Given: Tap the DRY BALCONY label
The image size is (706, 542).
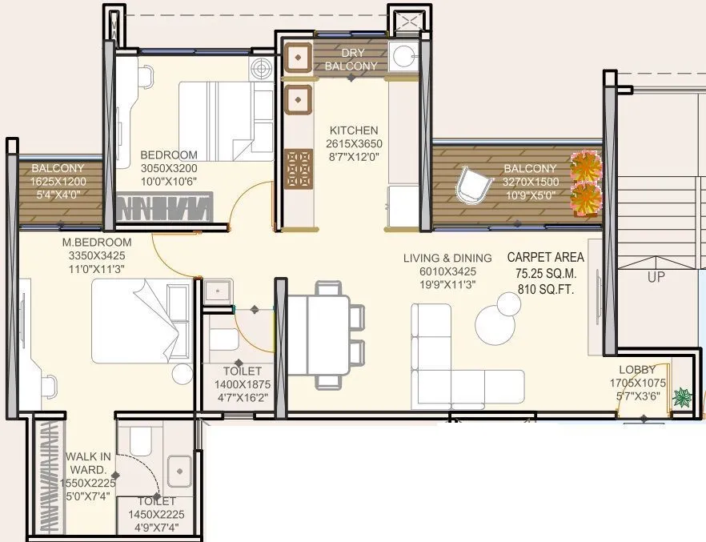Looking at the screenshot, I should tap(351, 60).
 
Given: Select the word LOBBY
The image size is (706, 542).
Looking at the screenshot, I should tap(636, 370).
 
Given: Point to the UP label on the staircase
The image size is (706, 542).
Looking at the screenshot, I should tap(656, 277).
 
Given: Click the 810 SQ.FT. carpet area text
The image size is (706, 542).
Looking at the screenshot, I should tap(545, 287).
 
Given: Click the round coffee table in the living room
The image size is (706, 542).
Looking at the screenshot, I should tap(498, 319).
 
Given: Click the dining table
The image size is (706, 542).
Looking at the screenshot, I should tap(318, 330).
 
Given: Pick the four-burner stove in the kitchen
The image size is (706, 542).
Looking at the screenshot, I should tap(299, 168).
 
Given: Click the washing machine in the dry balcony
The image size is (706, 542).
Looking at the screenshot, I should tap(404, 58).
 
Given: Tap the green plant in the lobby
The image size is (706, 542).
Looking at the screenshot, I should tap(682, 397).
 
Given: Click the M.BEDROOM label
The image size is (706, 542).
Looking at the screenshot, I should tap(97, 243).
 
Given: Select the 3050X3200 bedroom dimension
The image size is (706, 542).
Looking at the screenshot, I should tap(169, 168).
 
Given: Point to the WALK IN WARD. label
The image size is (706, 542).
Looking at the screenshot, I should tap(89, 463).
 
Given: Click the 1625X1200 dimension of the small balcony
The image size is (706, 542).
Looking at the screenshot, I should tap(58, 181).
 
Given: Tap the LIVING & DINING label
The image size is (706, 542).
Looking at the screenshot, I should tap(447, 258).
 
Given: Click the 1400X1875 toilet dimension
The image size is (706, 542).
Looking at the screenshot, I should tap(242, 383).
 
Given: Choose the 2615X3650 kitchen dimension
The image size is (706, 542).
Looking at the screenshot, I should tap(353, 143).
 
